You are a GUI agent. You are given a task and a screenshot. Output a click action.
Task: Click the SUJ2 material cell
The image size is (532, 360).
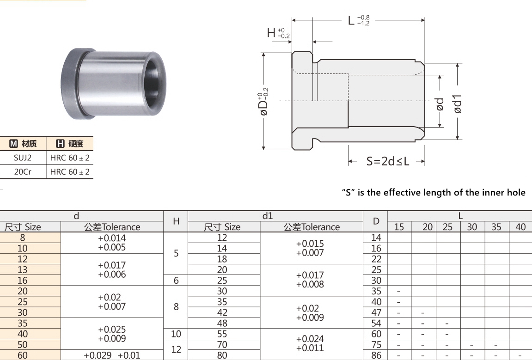click(x=22, y=158)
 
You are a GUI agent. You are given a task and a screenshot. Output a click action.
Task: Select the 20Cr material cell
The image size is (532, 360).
click(x=22, y=171)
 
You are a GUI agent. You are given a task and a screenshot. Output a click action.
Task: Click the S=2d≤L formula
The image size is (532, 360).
click(x=388, y=161)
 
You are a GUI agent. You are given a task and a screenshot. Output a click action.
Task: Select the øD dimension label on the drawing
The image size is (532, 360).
click(x=263, y=104)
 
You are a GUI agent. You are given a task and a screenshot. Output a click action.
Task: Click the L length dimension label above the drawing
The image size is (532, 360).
click(x=357, y=20)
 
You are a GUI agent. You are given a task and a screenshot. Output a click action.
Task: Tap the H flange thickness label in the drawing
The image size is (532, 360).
click(x=277, y=33)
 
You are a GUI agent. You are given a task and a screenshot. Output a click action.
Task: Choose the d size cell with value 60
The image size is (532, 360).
click(x=22, y=355)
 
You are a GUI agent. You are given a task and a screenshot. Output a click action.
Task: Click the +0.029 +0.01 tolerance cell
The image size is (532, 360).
click(x=112, y=355)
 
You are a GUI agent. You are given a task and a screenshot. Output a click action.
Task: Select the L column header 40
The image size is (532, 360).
click(x=520, y=227)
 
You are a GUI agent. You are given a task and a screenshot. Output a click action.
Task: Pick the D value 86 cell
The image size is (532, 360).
click(x=376, y=355)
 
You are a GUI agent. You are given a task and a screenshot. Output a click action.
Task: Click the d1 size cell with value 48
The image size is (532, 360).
click(x=222, y=323)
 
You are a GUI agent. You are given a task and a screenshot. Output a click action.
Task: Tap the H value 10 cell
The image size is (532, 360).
click(x=176, y=334)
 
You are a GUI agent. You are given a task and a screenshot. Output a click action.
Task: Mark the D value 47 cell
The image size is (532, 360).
click(x=376, y=312)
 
